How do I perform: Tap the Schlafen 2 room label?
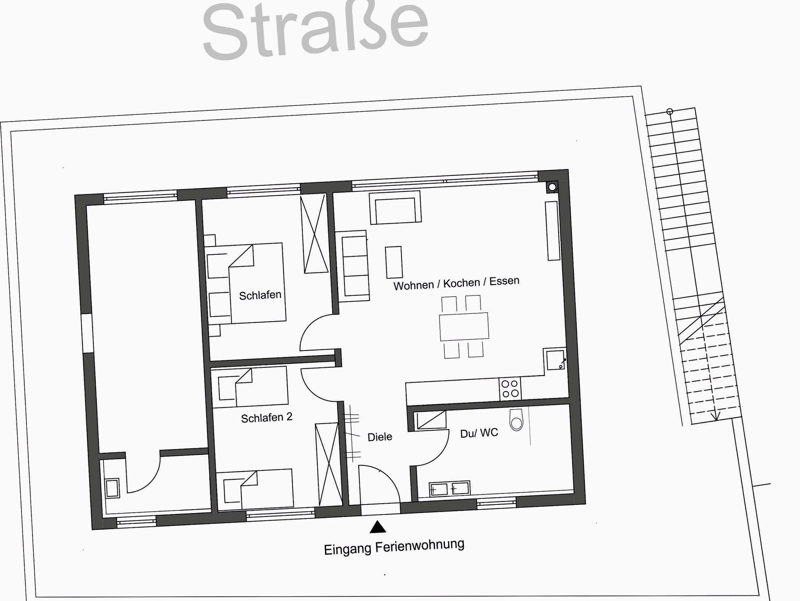pyautogui.click(x=267, y=418)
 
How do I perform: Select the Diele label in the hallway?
pyautogui.click(x=380, y=437)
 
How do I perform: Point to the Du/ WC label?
pyautogui.click(x=479, y=433)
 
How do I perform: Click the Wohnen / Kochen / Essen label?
pyautogui.click(x=456, y=283)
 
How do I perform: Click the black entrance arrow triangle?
pyautogui.click(x=378, y=527)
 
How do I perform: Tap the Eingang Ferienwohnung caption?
pyautogui.click(x=394, y=546)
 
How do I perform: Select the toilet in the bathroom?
pyautogui.click(x=516, y=420)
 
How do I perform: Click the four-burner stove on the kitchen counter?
pyautogui.click(x=510, y=389)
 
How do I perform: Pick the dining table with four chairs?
pyautogui.click(x=464, y=327)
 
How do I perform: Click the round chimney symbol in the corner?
pyautogui.click(x=552, y=187)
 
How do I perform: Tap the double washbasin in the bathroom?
pyautogui.click(x=449, y=489)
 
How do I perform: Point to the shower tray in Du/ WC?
pyautogui.click(x=431, y=420)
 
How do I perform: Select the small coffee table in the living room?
pyautogui.click(x=394, y=262)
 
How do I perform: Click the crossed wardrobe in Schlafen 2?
pyautogui.click(x=328, y=464)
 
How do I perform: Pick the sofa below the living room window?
pyautogui.click(x=395, y=207)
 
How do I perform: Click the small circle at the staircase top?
pyautogui.click(x=670, y=112)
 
